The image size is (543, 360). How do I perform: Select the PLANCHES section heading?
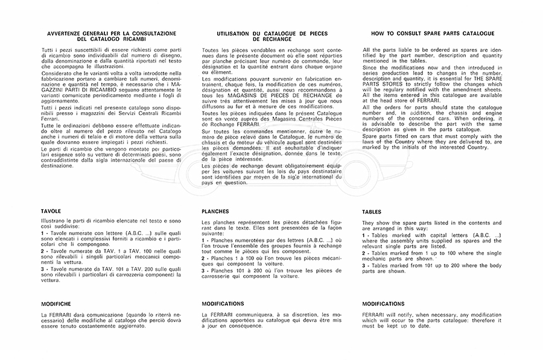coord(215,212)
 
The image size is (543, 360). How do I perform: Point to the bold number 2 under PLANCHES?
coord(203,257)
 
